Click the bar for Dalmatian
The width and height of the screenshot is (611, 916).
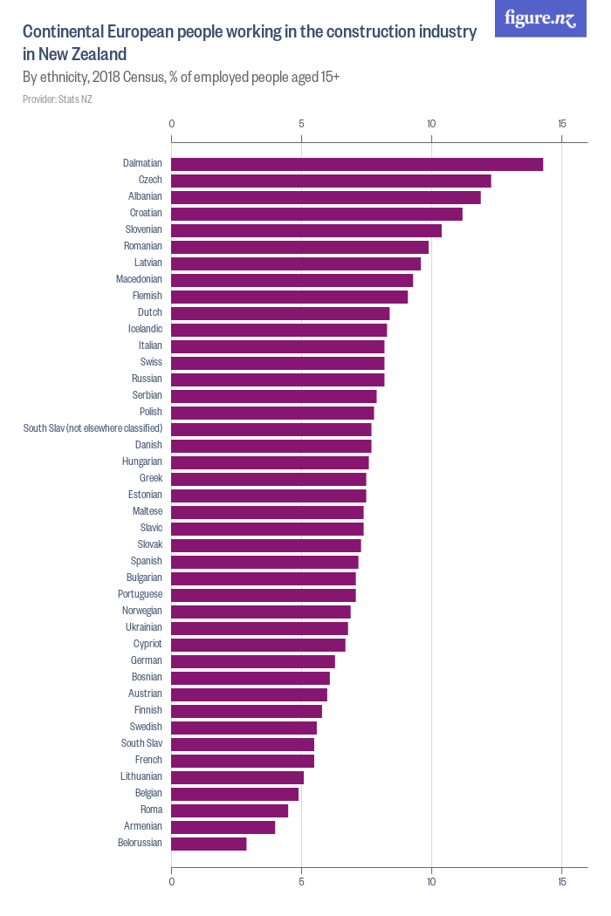(x=357, y=164)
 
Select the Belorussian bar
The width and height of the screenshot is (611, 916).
(x=209, y=844)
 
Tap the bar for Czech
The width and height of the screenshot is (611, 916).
(x=331, y=181)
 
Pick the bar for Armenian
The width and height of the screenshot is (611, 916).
(x=223, y=827)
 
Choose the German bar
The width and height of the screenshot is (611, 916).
(x=253, y=661)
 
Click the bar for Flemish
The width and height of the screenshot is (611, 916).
(x=289, y=297)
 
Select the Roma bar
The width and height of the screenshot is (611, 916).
(x=230, y=810)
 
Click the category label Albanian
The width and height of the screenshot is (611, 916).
(x=145, y=196)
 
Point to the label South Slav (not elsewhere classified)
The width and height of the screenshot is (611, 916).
(x=93, y=428)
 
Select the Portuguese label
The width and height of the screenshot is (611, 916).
(x=140, y=594)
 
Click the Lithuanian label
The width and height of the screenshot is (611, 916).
(x=141, y=776)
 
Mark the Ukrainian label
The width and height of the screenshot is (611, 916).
(x=142, y=627)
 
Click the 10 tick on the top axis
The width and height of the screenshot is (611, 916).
(x=431, y=123)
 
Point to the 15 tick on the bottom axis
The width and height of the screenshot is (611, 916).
(x=561, y=882)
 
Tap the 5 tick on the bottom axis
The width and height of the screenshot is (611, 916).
(x=301, y=882)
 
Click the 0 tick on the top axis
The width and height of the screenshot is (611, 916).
(x=172, y=123)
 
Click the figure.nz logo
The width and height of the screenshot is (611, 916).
(x=541, y=18)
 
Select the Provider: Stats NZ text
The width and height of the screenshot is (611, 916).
(x=58, y=99)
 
